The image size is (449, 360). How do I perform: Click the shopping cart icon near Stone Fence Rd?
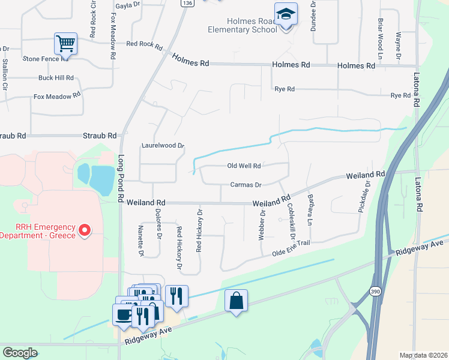click(x=65, y=43)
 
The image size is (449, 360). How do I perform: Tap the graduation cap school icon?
click(x=286, y=14)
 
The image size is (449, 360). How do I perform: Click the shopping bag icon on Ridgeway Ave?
click(x=237, y=301)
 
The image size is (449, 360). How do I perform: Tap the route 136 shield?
click(x=188, y=3)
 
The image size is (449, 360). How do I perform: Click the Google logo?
click(x=20, y=353)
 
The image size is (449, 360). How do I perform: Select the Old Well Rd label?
click(x=244, y=166)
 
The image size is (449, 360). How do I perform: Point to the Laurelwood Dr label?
click(x=162, y=145)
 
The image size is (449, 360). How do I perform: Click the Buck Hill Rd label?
click(x=56, y=78)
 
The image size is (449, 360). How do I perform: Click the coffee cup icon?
click(x=124, y=315)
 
